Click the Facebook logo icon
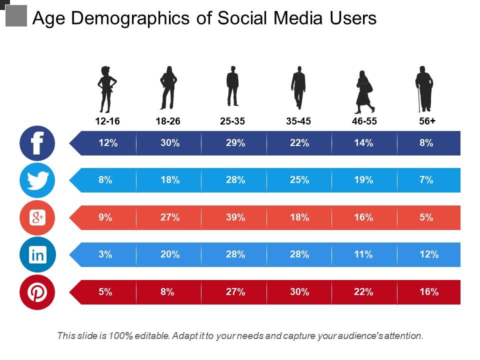coord(37,143)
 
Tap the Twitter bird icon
coord(37,180)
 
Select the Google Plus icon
coord(37,217)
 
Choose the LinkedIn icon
coord(37,255)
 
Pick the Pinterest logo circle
coord(37,292)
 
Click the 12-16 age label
coord(107,121)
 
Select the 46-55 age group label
coord(364,121)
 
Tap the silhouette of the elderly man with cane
coord(424,88)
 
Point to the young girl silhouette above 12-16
coord(106,89)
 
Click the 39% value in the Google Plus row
coord(235,217)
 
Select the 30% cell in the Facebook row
coord(170,143)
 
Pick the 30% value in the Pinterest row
coord(299,292)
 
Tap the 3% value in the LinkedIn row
coord(105,254)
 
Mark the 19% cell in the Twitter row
coord(363,180)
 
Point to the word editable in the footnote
coord(151,335)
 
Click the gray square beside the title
coord(15,15)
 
